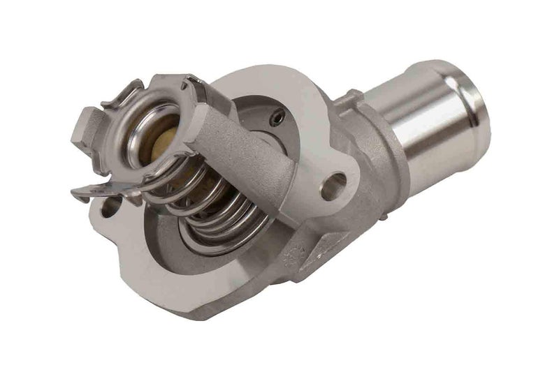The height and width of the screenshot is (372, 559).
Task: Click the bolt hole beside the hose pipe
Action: (335, 184)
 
